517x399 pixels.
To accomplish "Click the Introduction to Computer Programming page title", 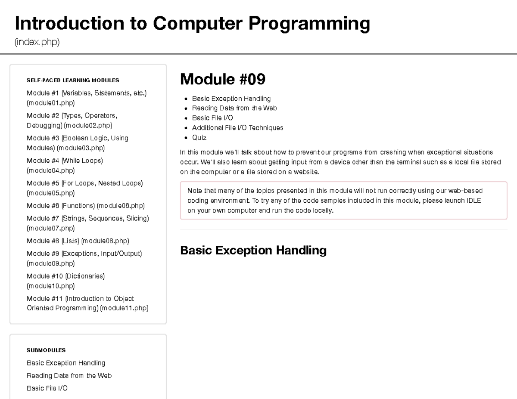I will [192, 23].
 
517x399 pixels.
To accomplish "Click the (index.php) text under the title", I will [37, 42].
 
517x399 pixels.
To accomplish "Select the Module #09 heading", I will [222, 79].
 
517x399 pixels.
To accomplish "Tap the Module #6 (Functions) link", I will [85, 206].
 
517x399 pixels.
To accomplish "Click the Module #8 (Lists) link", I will [78, 241].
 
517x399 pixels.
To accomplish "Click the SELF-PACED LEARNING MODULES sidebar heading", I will [72, 80].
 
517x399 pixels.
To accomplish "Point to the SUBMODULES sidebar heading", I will [46, 350].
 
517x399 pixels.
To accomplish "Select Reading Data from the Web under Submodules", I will [69, 376].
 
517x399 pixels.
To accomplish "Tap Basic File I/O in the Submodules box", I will [47, 388].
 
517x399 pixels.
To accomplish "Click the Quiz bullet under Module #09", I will [199, 138].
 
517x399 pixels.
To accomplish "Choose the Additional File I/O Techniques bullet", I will [237, 128].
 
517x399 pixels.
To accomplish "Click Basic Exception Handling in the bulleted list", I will [231, 99].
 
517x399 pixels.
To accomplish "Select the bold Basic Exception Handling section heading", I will [253, 251].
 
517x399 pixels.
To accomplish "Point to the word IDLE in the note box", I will [473, 201].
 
